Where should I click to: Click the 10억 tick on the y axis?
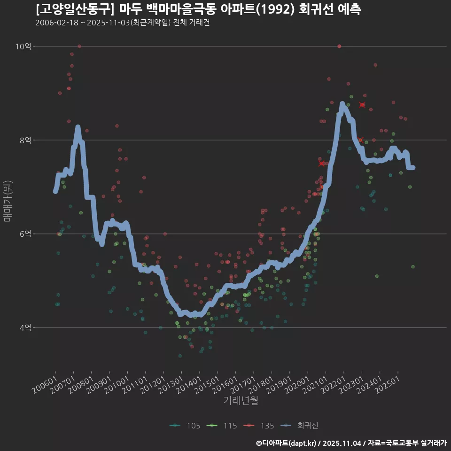23,46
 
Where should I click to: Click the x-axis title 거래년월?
241,401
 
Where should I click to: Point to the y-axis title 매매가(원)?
7,201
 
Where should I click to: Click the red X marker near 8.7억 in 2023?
362,105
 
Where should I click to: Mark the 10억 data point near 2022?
339,46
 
